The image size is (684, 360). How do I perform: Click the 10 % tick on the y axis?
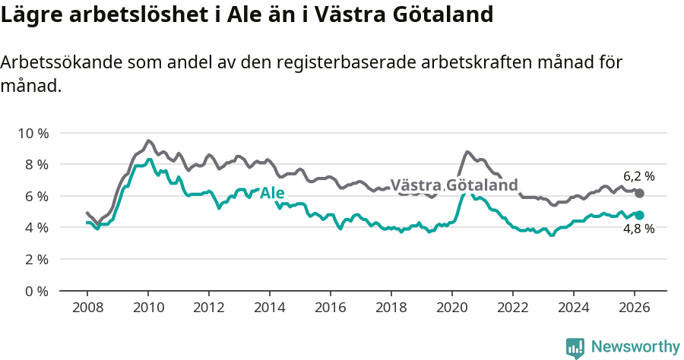click(33, 133)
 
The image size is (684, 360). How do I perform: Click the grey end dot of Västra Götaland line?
click(640, 194)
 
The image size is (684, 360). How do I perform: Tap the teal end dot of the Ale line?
click(640, 215)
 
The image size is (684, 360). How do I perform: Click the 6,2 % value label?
click(638, 176)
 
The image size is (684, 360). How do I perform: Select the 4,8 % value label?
click(638, 229)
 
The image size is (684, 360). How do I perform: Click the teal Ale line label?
click(272, 193)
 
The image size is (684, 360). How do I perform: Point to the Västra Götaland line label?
click(454, 185)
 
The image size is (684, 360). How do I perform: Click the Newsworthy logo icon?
click(575, 347)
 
